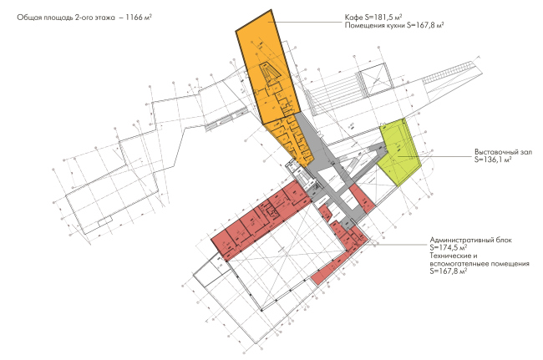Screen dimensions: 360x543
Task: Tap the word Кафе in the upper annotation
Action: click(354, 18)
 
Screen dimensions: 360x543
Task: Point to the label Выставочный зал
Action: click(500, 152)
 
